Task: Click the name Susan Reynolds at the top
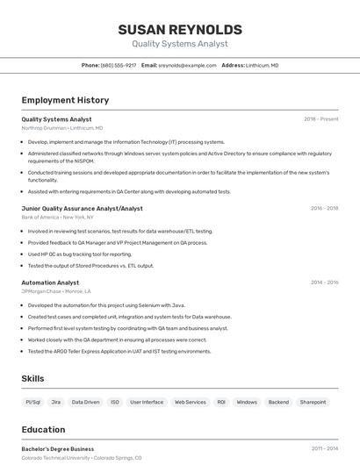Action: [179, 29]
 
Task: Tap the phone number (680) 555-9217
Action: [119, 65]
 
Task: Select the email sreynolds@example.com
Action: [187, 65]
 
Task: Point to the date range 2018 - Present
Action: [321, 119]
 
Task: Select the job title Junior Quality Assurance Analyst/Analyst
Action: [82, 208]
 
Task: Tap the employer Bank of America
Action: [40, 217]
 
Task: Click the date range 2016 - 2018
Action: [324, 208]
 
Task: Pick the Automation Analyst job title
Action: [50, 283]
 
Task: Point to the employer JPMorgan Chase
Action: [41, 291]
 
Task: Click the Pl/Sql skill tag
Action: [33, 402]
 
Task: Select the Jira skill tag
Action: [56, 402]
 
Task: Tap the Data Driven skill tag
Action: [85, 402]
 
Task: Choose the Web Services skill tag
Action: [191, 402]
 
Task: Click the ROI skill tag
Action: [221, 402]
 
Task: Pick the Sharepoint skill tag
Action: [313, 402]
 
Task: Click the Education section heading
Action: [44, 430]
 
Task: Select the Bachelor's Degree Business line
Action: [57, 448]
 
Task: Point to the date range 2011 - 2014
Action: [324, 448]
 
